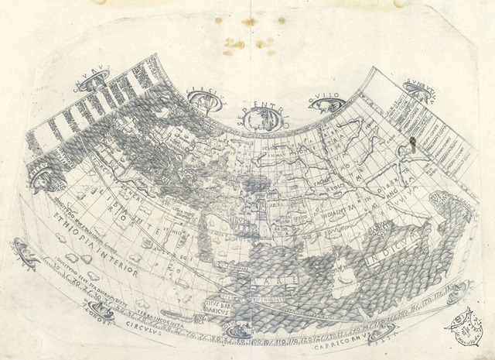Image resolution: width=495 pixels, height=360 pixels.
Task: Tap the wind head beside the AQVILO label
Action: coord(319,105)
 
